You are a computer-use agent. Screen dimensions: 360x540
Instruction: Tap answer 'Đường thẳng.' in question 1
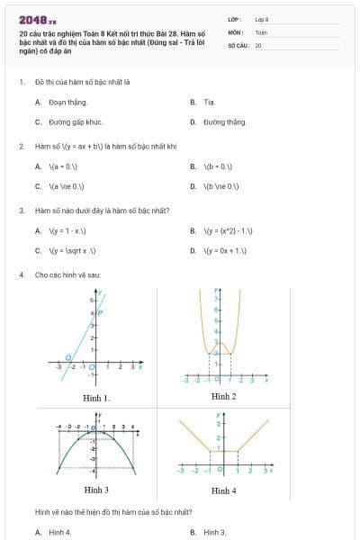pyautogui.click(x=224, y=121)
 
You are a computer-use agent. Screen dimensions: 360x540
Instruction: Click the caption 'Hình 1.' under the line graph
pyautogui.click(x=96, y=397)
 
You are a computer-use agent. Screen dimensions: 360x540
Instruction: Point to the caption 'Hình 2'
pyautogui.click(x=223, y=396)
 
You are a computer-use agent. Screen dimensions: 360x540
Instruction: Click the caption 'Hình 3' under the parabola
pyautogui.click(x=96, y=490)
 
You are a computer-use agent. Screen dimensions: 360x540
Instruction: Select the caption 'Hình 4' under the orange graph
pyautogui.click(x=223, y=490)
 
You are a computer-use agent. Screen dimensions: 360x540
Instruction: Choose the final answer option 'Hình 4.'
pyautogui.click(x=60, y=532)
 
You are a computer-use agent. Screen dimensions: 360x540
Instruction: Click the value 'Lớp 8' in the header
pyautogui.click(x=262, y=19)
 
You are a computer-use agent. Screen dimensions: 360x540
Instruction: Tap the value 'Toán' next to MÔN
pyautogui.click(x=261, y=31)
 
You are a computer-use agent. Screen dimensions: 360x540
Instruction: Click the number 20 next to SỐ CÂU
pyautogui.click(x=258, y=44)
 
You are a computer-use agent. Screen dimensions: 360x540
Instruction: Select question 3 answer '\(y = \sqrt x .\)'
pyautogui.click(x=73, y=251)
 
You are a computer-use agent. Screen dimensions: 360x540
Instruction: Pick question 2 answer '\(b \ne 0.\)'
pyautogui.click(x=220, y=186)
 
